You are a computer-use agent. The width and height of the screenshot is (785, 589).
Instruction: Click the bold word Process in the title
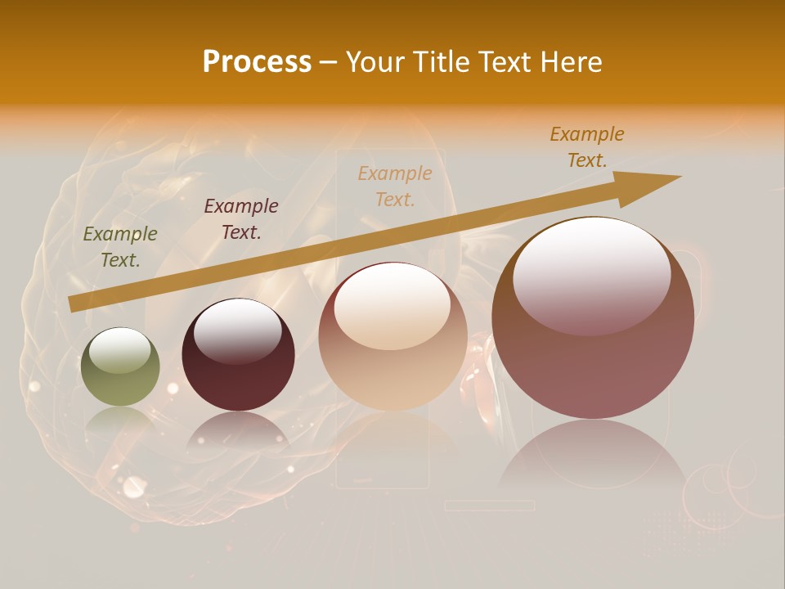(x=257, y=61)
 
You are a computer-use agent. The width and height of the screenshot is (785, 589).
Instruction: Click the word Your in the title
(x=376, y=62)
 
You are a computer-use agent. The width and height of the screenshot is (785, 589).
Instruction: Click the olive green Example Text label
(x=120, y=247)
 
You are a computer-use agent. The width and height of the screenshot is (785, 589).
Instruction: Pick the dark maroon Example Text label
(x=241, y=218)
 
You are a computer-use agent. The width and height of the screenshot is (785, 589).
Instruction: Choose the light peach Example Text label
(x=395, y=186)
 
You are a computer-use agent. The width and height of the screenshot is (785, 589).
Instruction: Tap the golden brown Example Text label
(x=587, y=146)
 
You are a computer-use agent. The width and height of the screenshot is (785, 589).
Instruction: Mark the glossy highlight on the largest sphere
(x=592, y=274)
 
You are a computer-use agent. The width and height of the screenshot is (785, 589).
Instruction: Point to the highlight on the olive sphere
(x=120, y=350)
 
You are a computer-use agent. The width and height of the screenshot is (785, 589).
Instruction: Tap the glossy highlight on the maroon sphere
(x=238, y=330)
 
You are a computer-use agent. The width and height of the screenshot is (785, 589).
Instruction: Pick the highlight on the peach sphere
(x=392, y=307)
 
